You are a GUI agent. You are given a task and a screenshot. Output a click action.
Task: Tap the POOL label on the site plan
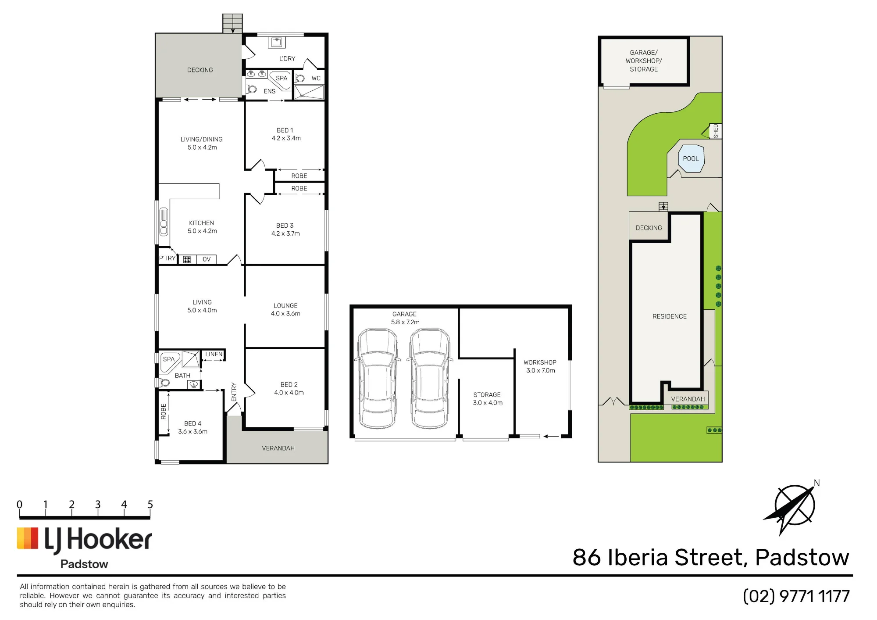click(x=691, y=159)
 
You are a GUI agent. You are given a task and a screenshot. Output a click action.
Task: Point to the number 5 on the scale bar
click(x=150, y=505)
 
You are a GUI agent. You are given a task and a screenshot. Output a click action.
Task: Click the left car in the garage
click(x=377, y=378)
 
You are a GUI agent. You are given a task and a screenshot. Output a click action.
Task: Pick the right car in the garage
click(x=430, y=378)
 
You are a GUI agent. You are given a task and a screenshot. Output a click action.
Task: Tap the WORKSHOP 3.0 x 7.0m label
click(x=540, y=366)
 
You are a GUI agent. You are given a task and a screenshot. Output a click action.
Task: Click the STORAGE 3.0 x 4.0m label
click(x=488, y=399)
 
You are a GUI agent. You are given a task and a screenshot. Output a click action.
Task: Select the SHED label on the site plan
click(x=716, y=131)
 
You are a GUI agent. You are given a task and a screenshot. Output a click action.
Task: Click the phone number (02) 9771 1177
click(x=796, y=596)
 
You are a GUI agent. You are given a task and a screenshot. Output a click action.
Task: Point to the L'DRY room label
click(x=287, y=59)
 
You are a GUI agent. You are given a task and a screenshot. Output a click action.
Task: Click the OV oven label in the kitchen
click(x=207, y=259)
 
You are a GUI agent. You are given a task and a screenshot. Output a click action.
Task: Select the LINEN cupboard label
click(x=214, y=355)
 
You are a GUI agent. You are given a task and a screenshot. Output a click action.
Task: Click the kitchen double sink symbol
click(x=164, y=222)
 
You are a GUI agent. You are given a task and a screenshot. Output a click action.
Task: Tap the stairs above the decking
click(x=232, y=23)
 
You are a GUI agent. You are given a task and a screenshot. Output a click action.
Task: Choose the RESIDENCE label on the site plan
click(x=670, y=316)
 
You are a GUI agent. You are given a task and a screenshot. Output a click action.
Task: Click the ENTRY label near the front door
click(x=234, y=392)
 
